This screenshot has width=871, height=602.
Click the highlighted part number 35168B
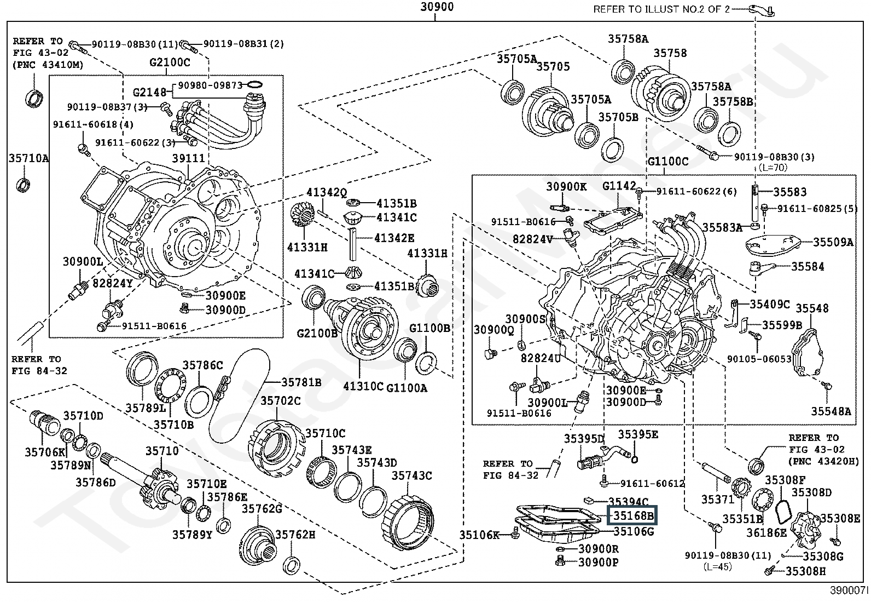click(x=633, y=516)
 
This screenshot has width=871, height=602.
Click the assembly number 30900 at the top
click(x=437, y=7)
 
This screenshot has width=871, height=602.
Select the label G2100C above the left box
click(x=170, y=62)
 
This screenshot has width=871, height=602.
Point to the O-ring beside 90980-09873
click(x=255, y=85)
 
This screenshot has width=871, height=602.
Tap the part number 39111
click(x=188, y=158)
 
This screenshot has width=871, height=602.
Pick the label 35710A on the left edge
click(x=28, y=159)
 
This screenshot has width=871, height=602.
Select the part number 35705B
click(x=618, y=117)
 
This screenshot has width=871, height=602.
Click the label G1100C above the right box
click(x=667, y=162)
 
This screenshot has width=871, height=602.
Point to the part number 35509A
click(x=833, y=242)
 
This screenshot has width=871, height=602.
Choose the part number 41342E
click(x=394, y=238)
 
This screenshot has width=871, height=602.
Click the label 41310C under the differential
click(x=363, y=386)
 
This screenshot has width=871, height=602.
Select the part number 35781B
click(x=301, y=382)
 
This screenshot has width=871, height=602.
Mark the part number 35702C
click(x=280, y=401)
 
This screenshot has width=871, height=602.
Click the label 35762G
click(x=262, y=509)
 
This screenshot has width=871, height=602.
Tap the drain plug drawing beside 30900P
click(x=559, y=561)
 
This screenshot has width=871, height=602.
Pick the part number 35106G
click(x=634, y=531)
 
